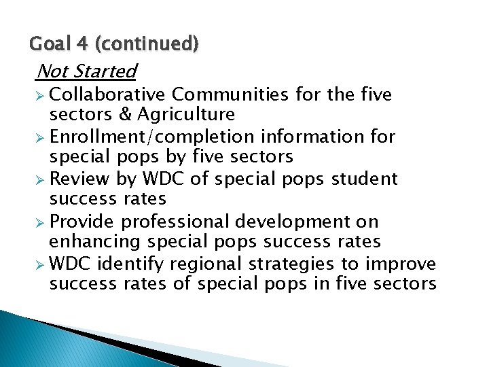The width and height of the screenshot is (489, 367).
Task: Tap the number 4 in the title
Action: pos(81,45)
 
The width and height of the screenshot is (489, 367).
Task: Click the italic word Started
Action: pos(106,71)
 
